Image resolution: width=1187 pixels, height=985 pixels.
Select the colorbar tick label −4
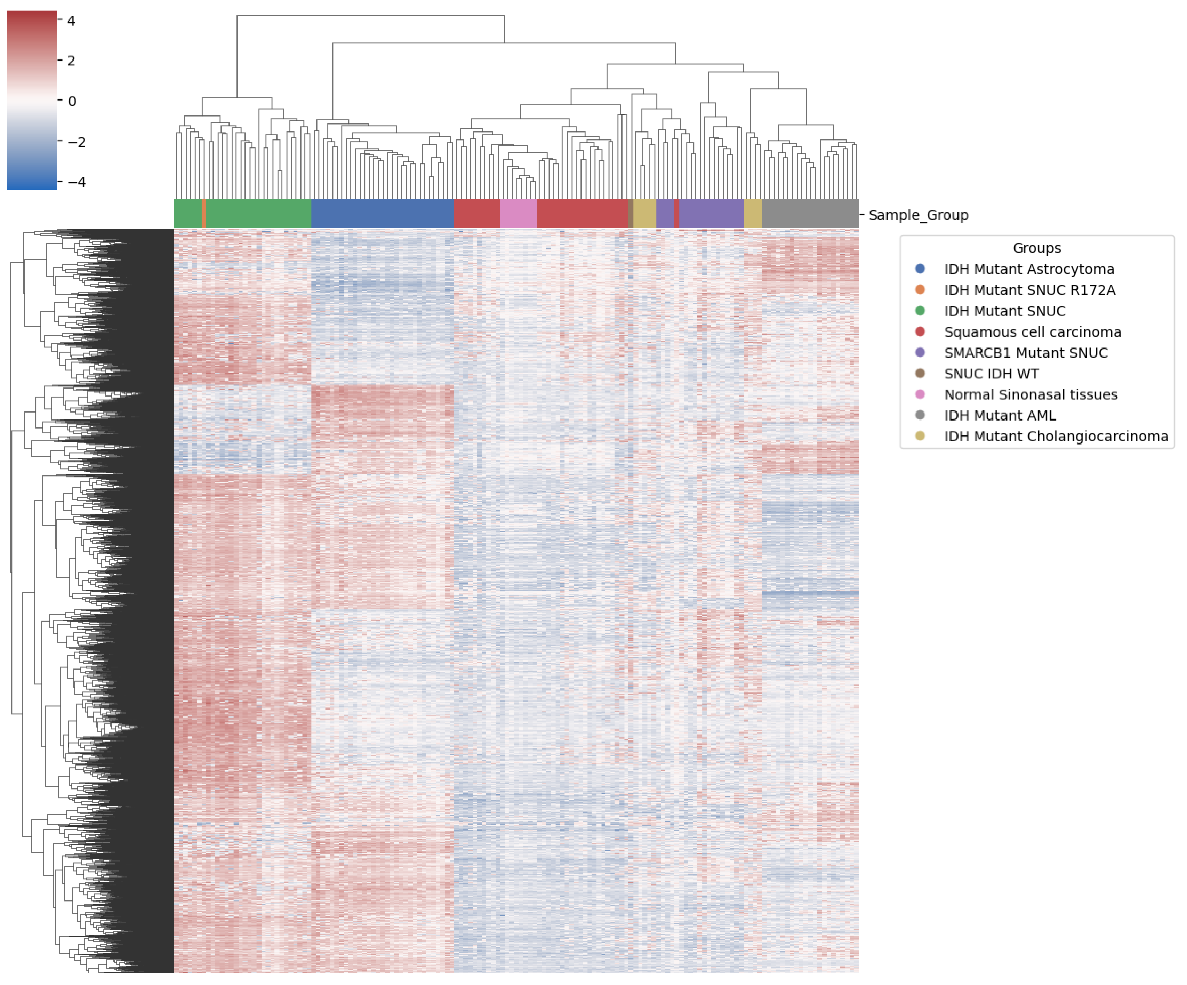pyautogui.click(x=76, y=182)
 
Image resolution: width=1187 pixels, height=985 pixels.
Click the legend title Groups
pyautogui.click(x=1037, y=248)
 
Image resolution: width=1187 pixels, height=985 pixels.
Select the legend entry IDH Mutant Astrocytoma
pyautogui.click(x=1029, y=269)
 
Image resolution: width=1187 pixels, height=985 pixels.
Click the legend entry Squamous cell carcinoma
pyautogui.click(x=1032, y=332)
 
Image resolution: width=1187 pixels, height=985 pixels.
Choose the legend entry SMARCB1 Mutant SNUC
pyautogui.click(x=1025, y=353)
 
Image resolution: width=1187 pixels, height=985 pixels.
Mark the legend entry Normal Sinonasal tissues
pyautogui.click(x=1030, y=394)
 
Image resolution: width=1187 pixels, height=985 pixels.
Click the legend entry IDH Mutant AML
pyautogui.click(x=999, y=415)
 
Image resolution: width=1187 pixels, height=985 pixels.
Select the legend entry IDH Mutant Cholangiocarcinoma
pyautogui.click(x=1055, y=436)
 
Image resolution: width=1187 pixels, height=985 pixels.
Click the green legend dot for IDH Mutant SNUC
pyautogui.click(x=920, y=311)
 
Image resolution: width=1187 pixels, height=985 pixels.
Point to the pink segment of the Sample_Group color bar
pyautogui.click(x=518, y=214)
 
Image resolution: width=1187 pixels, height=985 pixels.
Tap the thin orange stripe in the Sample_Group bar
pyautogui.click(x=203, y=214)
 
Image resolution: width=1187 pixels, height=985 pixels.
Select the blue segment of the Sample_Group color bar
pyautogui.click(x=382, y=214)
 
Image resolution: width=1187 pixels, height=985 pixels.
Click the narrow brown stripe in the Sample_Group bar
pyautogui.click(x=631, y=214)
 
